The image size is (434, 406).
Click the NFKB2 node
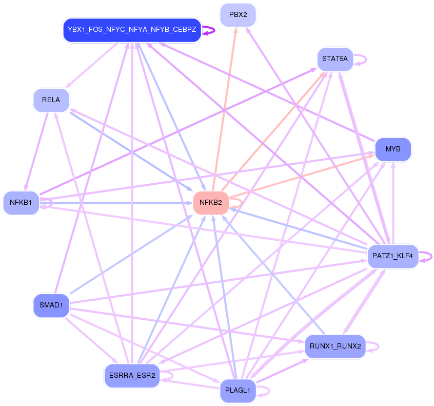[210, 203]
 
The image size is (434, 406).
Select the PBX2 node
[238, 15]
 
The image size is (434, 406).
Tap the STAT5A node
[335, 59]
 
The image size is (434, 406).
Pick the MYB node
[393, 149]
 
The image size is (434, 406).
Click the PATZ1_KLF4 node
[393, 256]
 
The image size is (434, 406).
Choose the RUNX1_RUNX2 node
[335, 346]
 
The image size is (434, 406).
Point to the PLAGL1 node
[238, 391]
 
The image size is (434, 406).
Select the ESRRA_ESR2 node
[132, 376]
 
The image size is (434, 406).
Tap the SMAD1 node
[51, 305]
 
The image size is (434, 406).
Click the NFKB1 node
[21, 203]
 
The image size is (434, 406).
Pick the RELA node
[51, 100]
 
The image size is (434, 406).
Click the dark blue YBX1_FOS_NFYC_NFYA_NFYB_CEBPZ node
[132, 30]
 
